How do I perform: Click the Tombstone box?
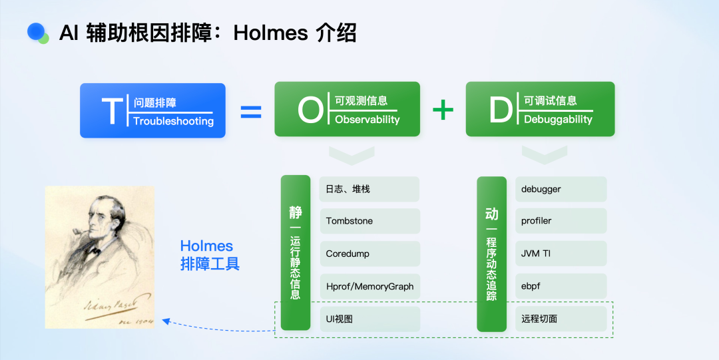pyautogui.click(x=369, y=221)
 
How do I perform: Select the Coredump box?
pyautogui.click(x=369, y=254)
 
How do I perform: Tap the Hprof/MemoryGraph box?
pyautogui.click(x=369, y=286)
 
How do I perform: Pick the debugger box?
pyautogui.click(x=561, y=189)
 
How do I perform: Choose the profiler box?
pyautogui.click(x=561, y=221)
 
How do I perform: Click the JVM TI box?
pyautogui.click(x=561, y=254)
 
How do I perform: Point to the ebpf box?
pyautogui.click(x=561, y=286)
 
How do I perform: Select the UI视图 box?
pyautogui.click(x=369, y=319)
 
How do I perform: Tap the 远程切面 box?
pyautogui.click(x=561, y=319)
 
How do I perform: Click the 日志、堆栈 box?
pyautogui.click(x=369, y=189)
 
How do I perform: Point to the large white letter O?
pyautogui.click(x=310, y=110)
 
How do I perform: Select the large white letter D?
pyautogui.click(x=501, y=110)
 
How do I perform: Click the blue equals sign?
pyautogui.click(x=250, y=111)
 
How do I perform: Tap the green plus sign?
pyautogui.click(x=443, y=110)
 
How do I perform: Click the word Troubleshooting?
pyautogui.click(x=173, y=121)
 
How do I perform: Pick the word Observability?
pyautogui.click(x=367, y=120)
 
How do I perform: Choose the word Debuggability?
pyautogui.click(x=558, y=120)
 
